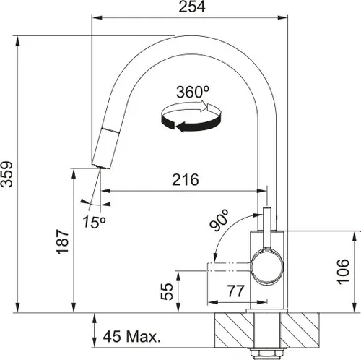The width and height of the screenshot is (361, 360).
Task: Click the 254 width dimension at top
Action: pos(191,7)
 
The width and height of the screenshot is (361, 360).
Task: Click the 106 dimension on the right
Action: pos(344,272)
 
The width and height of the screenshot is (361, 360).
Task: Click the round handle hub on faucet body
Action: pos(266,265)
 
